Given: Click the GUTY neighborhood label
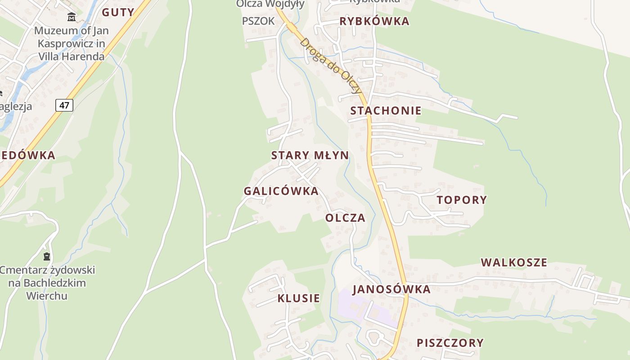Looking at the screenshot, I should pyautogui.click(x=118, y=12).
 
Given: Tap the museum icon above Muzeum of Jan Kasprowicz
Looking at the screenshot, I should pyautogui.click(x=72, y=18).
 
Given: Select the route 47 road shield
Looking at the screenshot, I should pyautogui.click(x=64, y=105).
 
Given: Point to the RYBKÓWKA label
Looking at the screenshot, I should pyautogui.click(x=374, y=21).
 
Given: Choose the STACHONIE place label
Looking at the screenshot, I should pyautogui.click(x=386, y=111).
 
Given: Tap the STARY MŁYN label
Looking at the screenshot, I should pyautogui.click(x=310, y=156).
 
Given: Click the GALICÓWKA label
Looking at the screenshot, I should pyautogui.click(x=281, y=191).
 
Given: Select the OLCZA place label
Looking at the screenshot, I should pyautogui.click(x=345, y=218).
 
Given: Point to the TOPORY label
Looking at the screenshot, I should pyautogui.click(x=462, y=200).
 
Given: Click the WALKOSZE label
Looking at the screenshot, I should pyautogui.click(x=514, y=262).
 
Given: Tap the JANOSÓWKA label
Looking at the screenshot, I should pyautogui.click(x=391, y=289).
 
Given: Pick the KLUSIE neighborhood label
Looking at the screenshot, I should pyautogui.click(x=299, y=298).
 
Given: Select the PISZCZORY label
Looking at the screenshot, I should pyautogui.click(x=450, y=343).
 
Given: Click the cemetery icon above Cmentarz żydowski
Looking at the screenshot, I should pyautogui.click(x=47, y=257).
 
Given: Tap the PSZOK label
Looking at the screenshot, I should pyautogui.click(x=258, y=21).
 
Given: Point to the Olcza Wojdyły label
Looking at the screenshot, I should pyautogui.click(x=270, y=4).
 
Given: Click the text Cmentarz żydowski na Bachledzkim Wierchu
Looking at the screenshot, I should pyautogui.click(x=47, y=283).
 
